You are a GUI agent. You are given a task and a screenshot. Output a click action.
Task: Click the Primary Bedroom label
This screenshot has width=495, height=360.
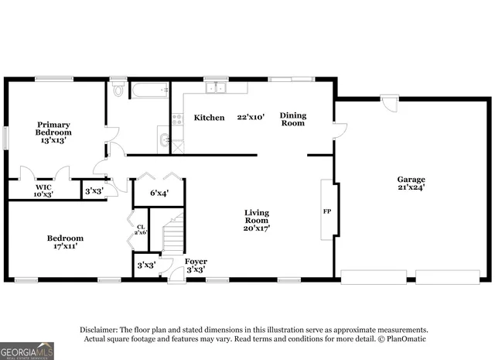(x=53, y=132)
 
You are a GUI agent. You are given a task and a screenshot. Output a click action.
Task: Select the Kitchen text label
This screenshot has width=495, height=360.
(x=209, y=118)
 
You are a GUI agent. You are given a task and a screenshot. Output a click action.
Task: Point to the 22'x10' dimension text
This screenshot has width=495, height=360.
(x=251, y=118)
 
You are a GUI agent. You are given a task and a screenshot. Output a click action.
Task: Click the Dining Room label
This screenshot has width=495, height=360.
(x=293, y=119)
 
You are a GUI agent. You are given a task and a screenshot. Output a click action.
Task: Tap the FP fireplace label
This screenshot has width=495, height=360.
(x=326, y=211)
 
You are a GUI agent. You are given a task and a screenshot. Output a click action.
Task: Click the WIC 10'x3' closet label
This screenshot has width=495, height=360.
(x=43, y=190)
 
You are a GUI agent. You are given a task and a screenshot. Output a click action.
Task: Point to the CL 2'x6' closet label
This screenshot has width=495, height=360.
(x=139, y=229)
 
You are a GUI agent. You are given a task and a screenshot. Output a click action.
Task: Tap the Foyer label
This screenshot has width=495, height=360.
(x=196, y=266)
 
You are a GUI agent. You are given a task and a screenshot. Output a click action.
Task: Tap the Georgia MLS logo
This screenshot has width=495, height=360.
(x=27, y=351)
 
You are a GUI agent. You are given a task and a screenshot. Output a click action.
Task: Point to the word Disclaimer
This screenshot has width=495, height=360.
(x=97, y=329)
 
